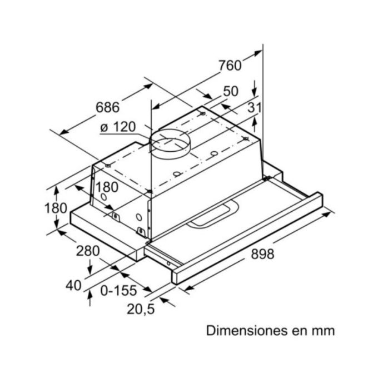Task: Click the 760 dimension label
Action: [230, 66]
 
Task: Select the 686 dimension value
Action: [108, 106]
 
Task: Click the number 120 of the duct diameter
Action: [124, 127]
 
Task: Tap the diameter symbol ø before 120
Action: [104, 128]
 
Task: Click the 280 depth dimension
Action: [88, 251]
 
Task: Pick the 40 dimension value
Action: [73, 286]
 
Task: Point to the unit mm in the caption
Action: [322, 331]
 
